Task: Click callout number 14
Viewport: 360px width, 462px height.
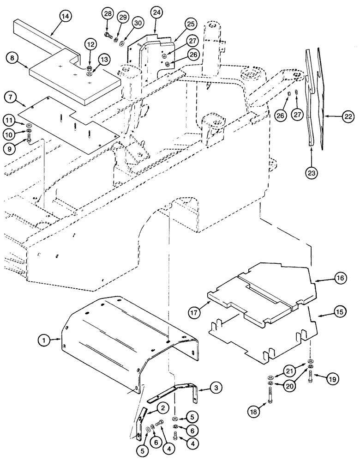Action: click(66, 16)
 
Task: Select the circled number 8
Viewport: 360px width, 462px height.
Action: click(12, 58)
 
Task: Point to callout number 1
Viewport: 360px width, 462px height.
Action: click(44, 340)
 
